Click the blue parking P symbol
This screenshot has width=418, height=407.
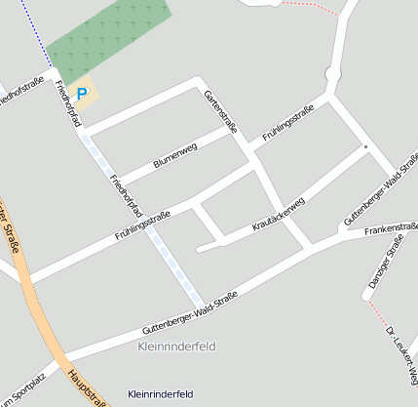click(83, 95)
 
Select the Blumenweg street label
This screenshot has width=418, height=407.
click(175, 154)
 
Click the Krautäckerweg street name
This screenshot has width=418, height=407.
click(279, 213)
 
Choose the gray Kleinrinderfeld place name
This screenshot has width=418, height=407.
click(176, 346)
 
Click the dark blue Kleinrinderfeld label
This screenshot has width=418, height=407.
click(161, 393)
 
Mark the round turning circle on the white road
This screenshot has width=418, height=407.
click(332, 74)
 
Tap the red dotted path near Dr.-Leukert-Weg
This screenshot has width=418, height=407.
click(377, 311)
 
